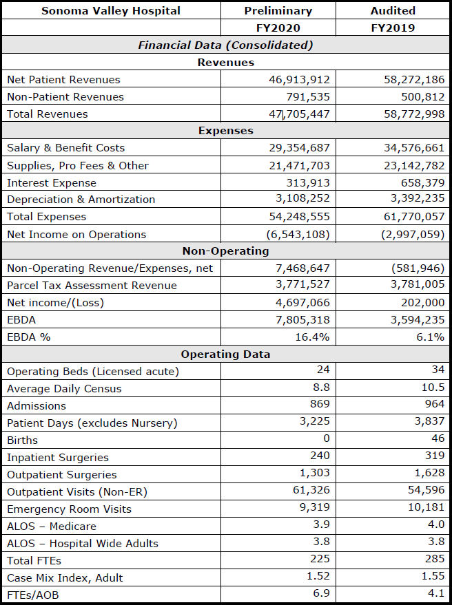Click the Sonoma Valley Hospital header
coord(111,11)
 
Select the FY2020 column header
coord(278,28)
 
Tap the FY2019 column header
coord(393,28)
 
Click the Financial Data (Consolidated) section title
coord(225,45)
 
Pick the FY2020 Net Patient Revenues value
coord(300,80)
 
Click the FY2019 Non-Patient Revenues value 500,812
coord(422,97)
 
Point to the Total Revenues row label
coord(48,114)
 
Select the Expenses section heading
coord(225,131)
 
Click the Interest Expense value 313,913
coord(308,183)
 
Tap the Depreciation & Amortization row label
coord(81,200)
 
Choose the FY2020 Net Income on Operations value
coord(298,235)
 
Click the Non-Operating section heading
coord(225,251)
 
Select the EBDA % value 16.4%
coord(313,337)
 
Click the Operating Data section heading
coord(225,354)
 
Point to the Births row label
coord(23,441)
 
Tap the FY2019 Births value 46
coord(438,438)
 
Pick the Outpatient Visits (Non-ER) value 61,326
coord(311,490)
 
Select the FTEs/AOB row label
coord(33,595)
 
